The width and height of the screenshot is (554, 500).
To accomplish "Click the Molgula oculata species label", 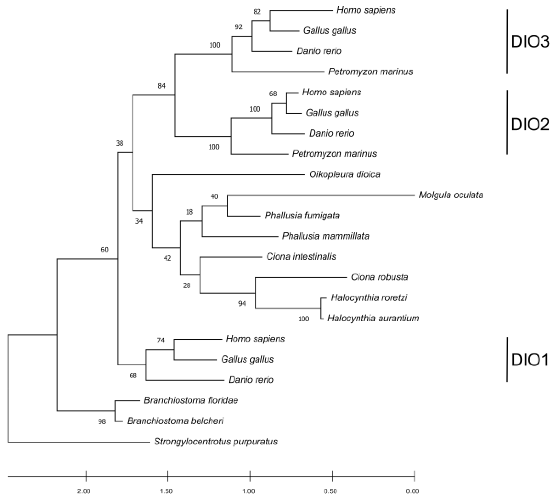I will tap(451, 195).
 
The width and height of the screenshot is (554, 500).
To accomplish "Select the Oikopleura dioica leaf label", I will tap(345, 174).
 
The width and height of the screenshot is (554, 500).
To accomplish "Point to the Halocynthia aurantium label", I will tap(373, 318).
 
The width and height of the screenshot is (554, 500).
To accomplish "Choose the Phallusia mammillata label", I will tap(326, 236).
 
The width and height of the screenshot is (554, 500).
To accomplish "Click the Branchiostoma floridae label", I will tap(191, 401).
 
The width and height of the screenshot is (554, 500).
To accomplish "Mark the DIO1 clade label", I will tap(529, 360).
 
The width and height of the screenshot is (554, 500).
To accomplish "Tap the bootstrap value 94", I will tap(242, 304).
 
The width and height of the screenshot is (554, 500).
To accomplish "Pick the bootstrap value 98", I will tap(102, 422).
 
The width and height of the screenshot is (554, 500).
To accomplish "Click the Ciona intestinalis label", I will tap(301, 257).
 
